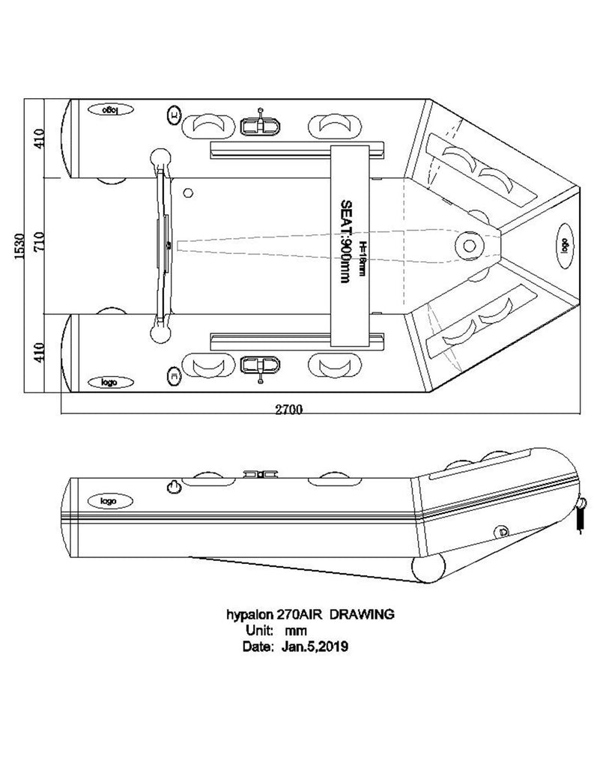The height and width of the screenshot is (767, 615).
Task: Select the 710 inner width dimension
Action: (x=40, y=244)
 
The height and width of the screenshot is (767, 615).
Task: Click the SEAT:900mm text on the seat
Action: (x=345, y=240)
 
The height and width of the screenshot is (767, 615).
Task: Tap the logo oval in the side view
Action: (x=109, y=500)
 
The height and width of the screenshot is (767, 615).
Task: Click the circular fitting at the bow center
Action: (x=470, y=244)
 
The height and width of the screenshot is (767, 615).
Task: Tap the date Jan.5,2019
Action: (x=314, y=646)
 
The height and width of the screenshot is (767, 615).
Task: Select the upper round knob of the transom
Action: (x=161, y=160)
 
